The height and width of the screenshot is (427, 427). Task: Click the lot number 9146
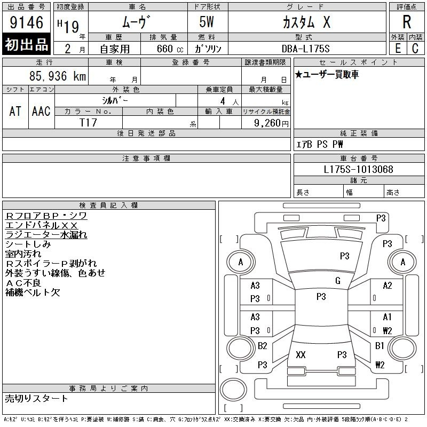[26, 22]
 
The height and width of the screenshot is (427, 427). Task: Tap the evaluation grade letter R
[407, 22]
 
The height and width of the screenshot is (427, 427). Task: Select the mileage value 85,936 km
[58, 76]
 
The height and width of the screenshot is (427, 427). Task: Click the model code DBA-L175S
[305, 49]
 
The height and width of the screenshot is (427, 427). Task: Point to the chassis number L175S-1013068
[358, 169]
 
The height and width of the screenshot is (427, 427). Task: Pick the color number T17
[88, 123]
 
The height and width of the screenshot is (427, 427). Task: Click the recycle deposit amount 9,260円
[271, 123]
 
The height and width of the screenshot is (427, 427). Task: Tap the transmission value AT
[15, 111]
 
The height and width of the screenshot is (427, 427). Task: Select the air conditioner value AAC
[41, 111]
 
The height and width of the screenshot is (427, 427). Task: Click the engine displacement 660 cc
[170, 49]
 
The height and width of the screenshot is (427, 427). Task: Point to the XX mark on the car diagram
[301, 354]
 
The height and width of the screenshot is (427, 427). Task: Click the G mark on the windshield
[338, 281]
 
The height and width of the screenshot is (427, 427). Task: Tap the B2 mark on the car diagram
[262, 346]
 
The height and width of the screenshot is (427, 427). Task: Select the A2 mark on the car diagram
[388, 286]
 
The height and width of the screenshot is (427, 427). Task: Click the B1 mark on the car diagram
[379, 346]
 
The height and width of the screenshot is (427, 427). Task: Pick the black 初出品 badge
[26, 44]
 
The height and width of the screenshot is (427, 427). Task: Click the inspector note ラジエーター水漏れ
[46, 235]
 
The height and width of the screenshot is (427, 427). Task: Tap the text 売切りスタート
[36, 398]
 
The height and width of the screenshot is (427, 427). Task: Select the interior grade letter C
[415, 49]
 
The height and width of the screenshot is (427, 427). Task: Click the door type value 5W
[207, 22]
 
